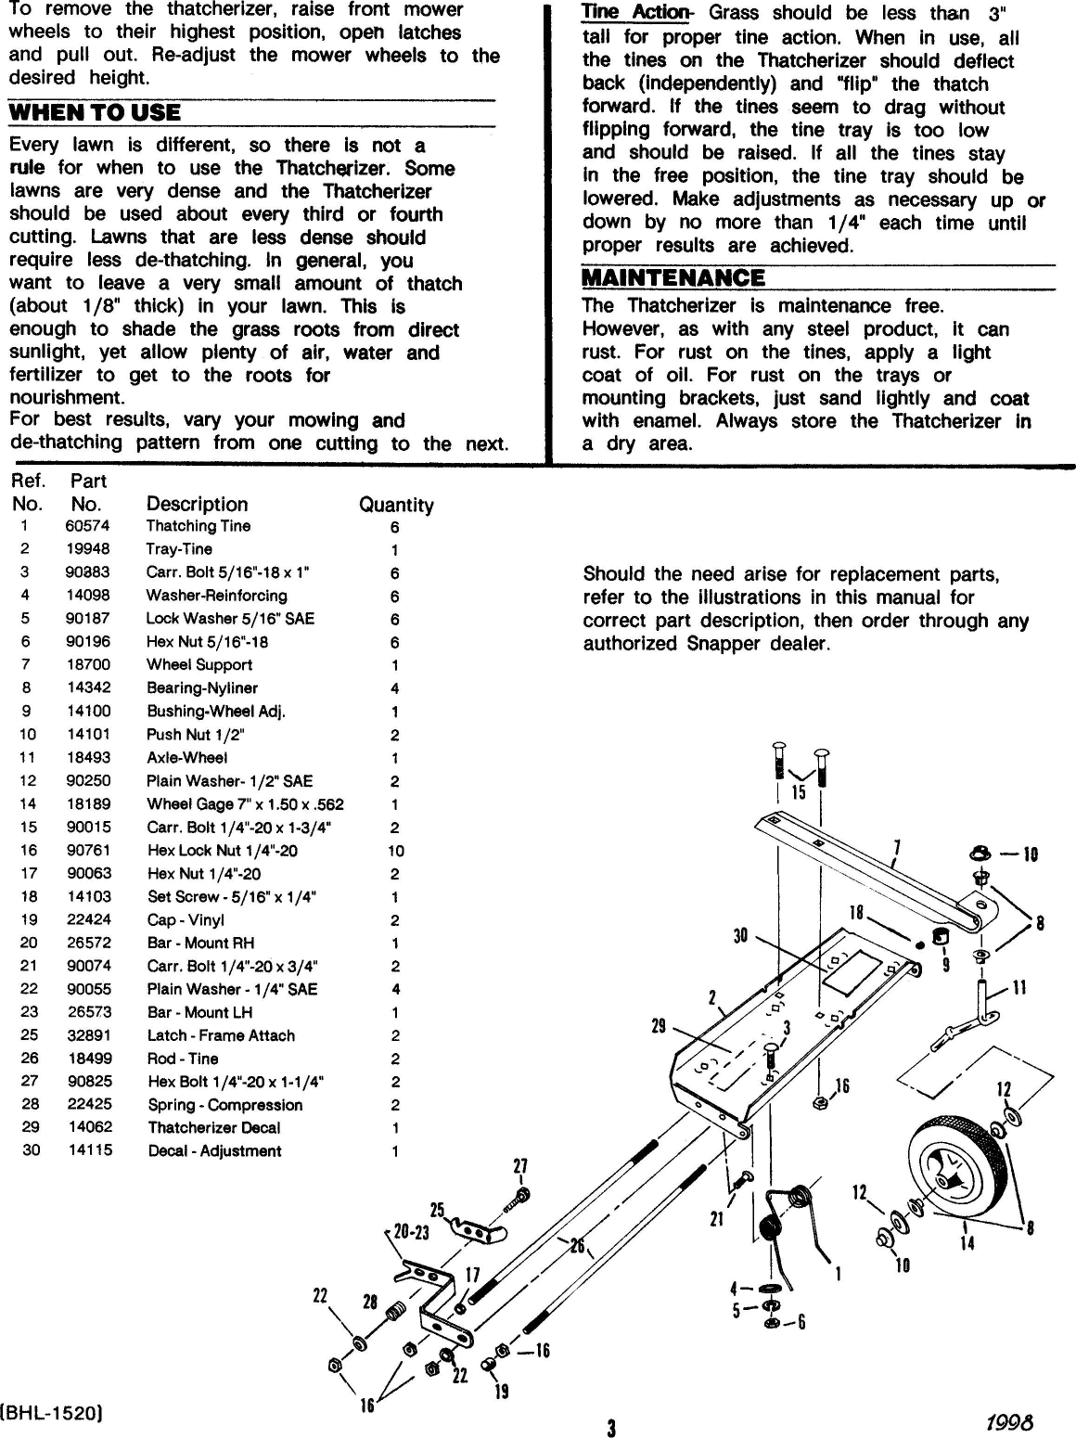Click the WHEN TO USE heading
click(95, 113)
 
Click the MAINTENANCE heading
click(673, 277)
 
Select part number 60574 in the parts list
click(87, 526)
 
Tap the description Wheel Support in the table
click(199, 665)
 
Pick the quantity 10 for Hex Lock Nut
click(395, 851)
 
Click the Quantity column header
click(396, 505)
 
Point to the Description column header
click(197, 505)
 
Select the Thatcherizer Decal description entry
click(214, 1128)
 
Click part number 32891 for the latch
click(89, 1035)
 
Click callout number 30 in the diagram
click(740, 936)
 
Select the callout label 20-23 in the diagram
click(411, 1234)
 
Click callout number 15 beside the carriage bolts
click(798, 793)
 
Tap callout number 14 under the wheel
click(967, 1242)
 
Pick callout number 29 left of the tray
click(660, 1026)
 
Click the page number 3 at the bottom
click(611, 1428)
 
